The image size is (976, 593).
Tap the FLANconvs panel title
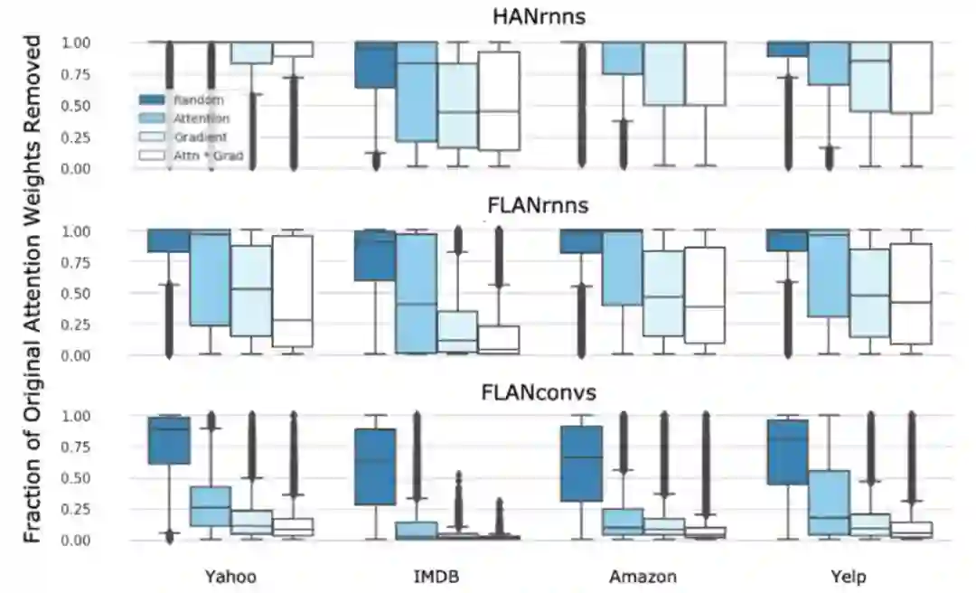pyautogui.click(x=538, y=393)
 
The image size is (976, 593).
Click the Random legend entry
pyautogui.click(x=199, y=100)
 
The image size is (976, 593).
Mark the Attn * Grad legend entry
pyautogui.click(x=208, y=155)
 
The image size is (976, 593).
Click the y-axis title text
pyautogui.click(x=33, y=289)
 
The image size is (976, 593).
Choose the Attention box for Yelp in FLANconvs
pyautogui.click(x=829, y=503)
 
